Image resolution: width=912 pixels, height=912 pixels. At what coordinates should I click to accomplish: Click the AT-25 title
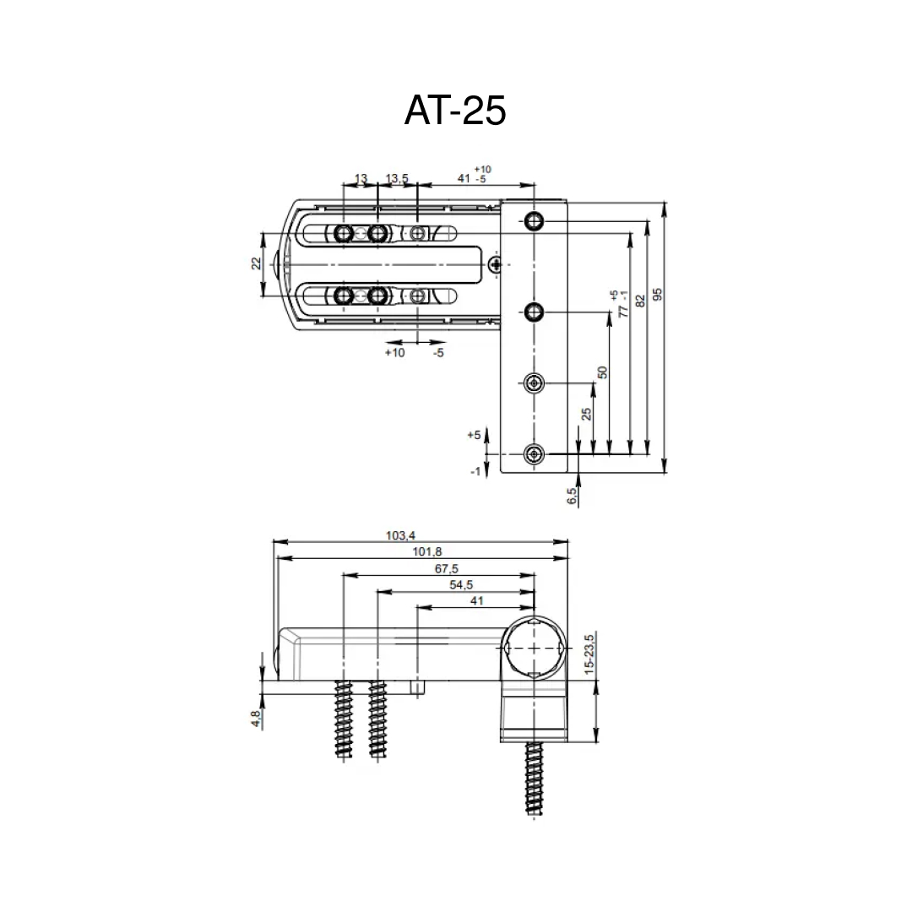(x=455, y=110)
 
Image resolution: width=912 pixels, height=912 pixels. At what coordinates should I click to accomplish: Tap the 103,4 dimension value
(x=401, y=535)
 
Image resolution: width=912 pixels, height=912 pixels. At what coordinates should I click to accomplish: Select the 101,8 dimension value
(x=427, y=551)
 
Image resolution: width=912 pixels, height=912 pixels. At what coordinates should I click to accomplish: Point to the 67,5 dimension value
(x=446, y=568)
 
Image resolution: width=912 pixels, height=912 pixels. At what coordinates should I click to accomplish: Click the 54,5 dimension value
(x=461, y=584)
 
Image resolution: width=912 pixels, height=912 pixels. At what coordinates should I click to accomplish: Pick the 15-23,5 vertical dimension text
(x=589, y=654)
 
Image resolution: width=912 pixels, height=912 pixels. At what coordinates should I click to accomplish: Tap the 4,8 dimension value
(x=256, y=719)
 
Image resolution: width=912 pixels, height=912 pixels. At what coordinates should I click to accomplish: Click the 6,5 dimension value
(x=572, y=496)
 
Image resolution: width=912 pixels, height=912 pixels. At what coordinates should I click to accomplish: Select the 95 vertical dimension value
(x=657, y=295)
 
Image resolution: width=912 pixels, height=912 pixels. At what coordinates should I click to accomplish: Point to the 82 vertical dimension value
(x=640, y=301)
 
